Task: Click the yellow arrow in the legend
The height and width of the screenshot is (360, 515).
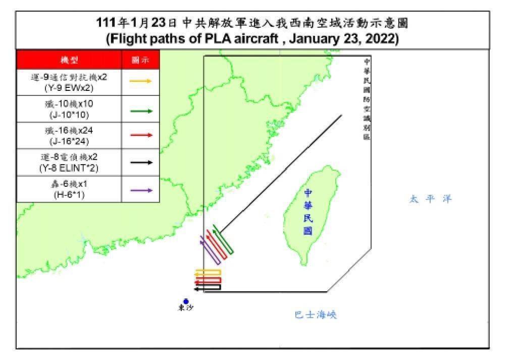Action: coord(141,81)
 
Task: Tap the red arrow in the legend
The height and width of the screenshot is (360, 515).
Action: coord(141,135)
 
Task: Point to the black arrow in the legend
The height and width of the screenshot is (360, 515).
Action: coord(141,162)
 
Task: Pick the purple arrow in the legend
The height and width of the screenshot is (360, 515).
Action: coord(141,190)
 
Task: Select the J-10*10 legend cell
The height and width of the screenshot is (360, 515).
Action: coord(69,109)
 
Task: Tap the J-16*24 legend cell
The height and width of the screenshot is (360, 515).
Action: coord(69,135)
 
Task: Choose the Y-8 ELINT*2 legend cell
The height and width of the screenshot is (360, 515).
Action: coord(69,162)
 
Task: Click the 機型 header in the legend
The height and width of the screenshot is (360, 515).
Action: coord(69,60)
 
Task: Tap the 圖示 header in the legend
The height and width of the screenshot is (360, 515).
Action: coord(141,60)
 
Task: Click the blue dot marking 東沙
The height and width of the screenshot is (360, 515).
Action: coord(186,301)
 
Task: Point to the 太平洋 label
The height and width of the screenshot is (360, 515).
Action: coord(430,199)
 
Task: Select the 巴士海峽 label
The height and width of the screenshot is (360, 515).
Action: coord(316,315)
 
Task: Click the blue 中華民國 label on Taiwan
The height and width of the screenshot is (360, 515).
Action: coord(308,212)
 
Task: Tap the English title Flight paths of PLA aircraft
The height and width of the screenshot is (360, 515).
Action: coord(252,39)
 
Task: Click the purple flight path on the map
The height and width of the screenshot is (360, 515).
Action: coord(210,251)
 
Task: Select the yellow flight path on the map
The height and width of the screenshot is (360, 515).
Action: coord(208,273)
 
